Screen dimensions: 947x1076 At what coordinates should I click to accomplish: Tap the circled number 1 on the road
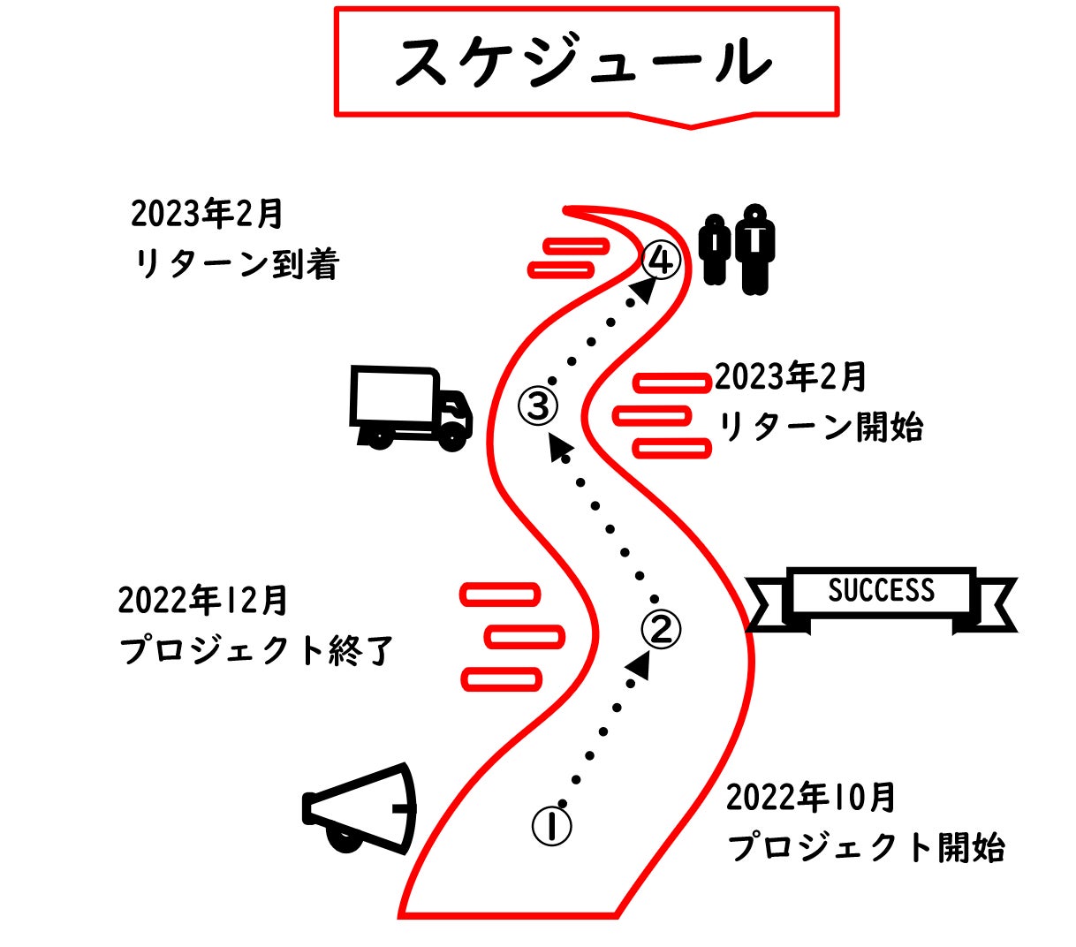551,825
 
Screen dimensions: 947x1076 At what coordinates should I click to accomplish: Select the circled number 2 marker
661,628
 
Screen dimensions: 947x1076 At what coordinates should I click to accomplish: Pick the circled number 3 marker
538,405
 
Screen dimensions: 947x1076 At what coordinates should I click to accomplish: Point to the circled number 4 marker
661,261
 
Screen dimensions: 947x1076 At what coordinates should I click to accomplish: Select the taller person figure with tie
755,249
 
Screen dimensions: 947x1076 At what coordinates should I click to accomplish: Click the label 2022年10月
810,798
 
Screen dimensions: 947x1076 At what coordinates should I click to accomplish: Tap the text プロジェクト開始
866,847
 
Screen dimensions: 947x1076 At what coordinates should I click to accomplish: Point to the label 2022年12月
202,601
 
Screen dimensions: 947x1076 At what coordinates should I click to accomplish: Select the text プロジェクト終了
255,651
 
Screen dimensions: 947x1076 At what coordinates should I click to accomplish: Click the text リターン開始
821,428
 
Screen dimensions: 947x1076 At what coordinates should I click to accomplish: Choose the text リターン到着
236,264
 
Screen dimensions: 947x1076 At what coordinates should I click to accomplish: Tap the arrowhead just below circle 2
640,665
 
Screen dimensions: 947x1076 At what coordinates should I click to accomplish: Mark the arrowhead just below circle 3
558,446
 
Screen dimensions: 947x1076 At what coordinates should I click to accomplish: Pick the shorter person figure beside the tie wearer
714,250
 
